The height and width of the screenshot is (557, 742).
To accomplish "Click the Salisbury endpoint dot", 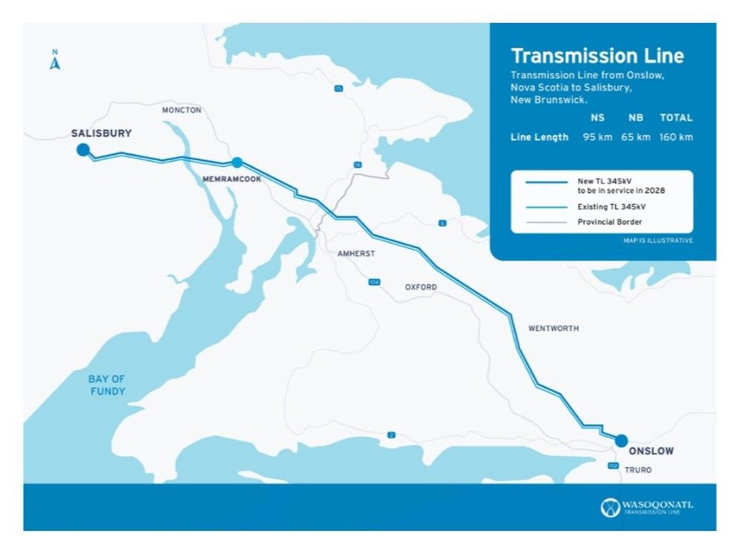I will [83, 150].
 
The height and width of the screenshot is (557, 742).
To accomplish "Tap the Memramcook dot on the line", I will [237, 163].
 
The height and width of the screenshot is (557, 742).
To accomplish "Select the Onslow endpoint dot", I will [621, 440].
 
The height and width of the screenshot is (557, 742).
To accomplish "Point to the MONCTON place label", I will [182, 110].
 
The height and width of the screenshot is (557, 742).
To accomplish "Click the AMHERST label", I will [356, 253].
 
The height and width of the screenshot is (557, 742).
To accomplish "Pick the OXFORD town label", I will [421, 287].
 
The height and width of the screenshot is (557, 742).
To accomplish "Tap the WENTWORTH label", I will [553, 328].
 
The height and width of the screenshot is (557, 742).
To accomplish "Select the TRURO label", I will [638, 470].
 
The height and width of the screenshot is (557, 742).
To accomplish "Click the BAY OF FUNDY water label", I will [108, 385].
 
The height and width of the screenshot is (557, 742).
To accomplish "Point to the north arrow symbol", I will [54, 62].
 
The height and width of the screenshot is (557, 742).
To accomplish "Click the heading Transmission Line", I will [597, 56].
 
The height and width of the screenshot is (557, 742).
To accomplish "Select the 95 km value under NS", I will [597, 137].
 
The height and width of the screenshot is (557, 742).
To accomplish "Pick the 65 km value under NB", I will [636, 137].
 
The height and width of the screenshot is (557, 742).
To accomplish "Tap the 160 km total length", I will [676, 137].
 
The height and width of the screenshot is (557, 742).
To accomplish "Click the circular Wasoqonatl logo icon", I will [610, 507].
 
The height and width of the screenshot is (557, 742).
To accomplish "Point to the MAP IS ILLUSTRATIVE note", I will [658, 241].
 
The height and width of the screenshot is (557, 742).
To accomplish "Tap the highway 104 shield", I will [374, 281].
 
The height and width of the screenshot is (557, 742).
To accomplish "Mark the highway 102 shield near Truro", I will [612, 466].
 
